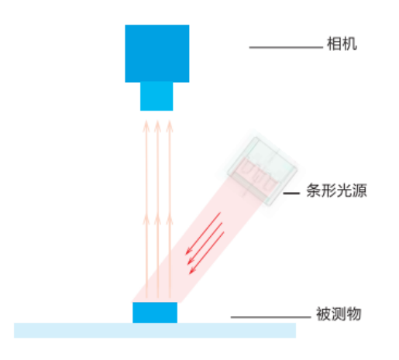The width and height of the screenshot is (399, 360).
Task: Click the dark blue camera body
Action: click(157, 53)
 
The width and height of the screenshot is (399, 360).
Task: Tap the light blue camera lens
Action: click(157, 96)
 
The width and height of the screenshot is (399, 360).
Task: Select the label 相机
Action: click(342, 44)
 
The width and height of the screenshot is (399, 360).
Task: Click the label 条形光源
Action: click(336, 190)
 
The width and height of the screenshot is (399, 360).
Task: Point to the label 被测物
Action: click(339, 314)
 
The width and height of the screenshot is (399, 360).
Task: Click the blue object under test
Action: click(155, 312)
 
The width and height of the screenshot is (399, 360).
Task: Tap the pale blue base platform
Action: click(155, 331)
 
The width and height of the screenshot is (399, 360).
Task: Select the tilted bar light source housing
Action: click(262, 171)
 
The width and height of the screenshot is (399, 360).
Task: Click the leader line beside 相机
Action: click(286, 47)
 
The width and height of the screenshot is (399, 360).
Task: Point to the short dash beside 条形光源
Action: click(291, 193)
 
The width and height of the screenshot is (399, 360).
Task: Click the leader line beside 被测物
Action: click(270, 317)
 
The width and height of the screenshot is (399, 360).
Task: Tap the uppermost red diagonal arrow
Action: click(203, 233)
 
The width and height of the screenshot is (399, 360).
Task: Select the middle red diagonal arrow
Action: click(205, 243)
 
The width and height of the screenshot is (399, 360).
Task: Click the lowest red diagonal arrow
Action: click(207, 253)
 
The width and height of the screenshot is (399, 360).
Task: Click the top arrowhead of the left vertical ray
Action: click(146, 126)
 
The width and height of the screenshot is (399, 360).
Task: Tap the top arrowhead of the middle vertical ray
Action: click(157, 126)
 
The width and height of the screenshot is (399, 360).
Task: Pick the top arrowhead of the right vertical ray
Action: click(170, 126)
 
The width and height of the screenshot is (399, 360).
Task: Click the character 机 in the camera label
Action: click(349, 44)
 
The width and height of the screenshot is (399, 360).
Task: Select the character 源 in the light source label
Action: click(359, 190)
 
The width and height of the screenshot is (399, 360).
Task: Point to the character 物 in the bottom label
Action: click(353, 314)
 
